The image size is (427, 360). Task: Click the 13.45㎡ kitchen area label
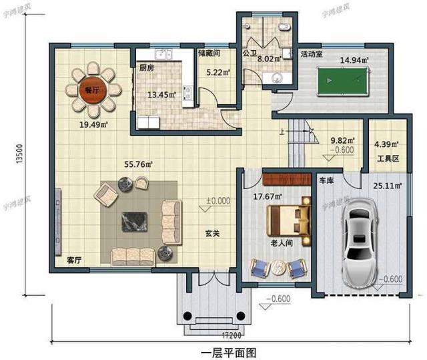click(x=163, y=94)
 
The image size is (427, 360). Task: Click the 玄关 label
click(x=213, y=234)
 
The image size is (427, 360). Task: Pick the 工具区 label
click(x=387, y=158)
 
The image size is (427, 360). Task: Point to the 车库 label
click(x=326, y=181)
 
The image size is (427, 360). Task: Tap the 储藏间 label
click(x=209, y=52)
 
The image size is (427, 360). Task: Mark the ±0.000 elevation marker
click(x=218, y=200)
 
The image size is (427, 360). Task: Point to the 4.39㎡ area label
click(x=386, y=144)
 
